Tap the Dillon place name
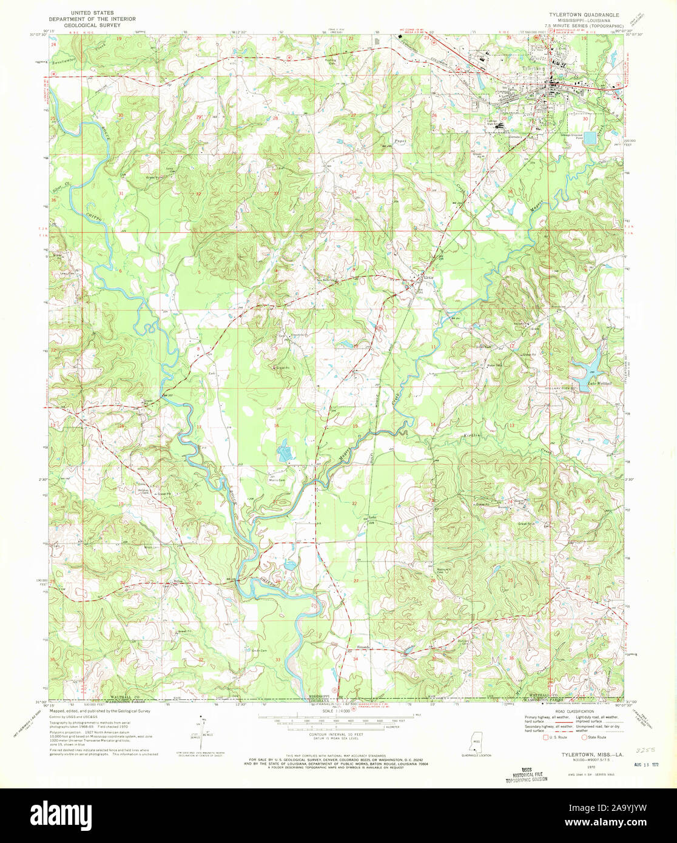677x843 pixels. pos(178,580)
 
